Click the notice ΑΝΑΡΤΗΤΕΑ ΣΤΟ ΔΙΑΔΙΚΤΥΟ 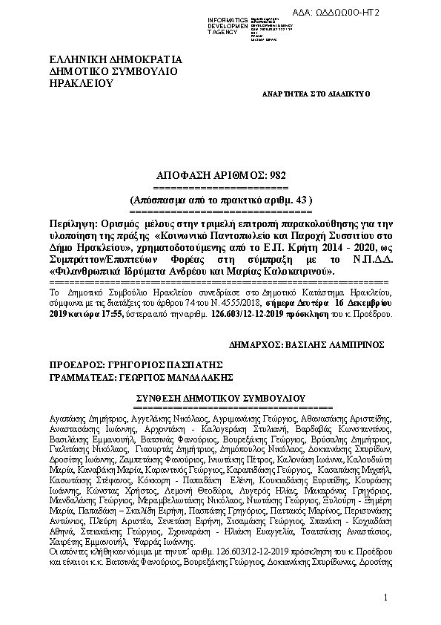click(316, 95)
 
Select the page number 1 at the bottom click(386, 598)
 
